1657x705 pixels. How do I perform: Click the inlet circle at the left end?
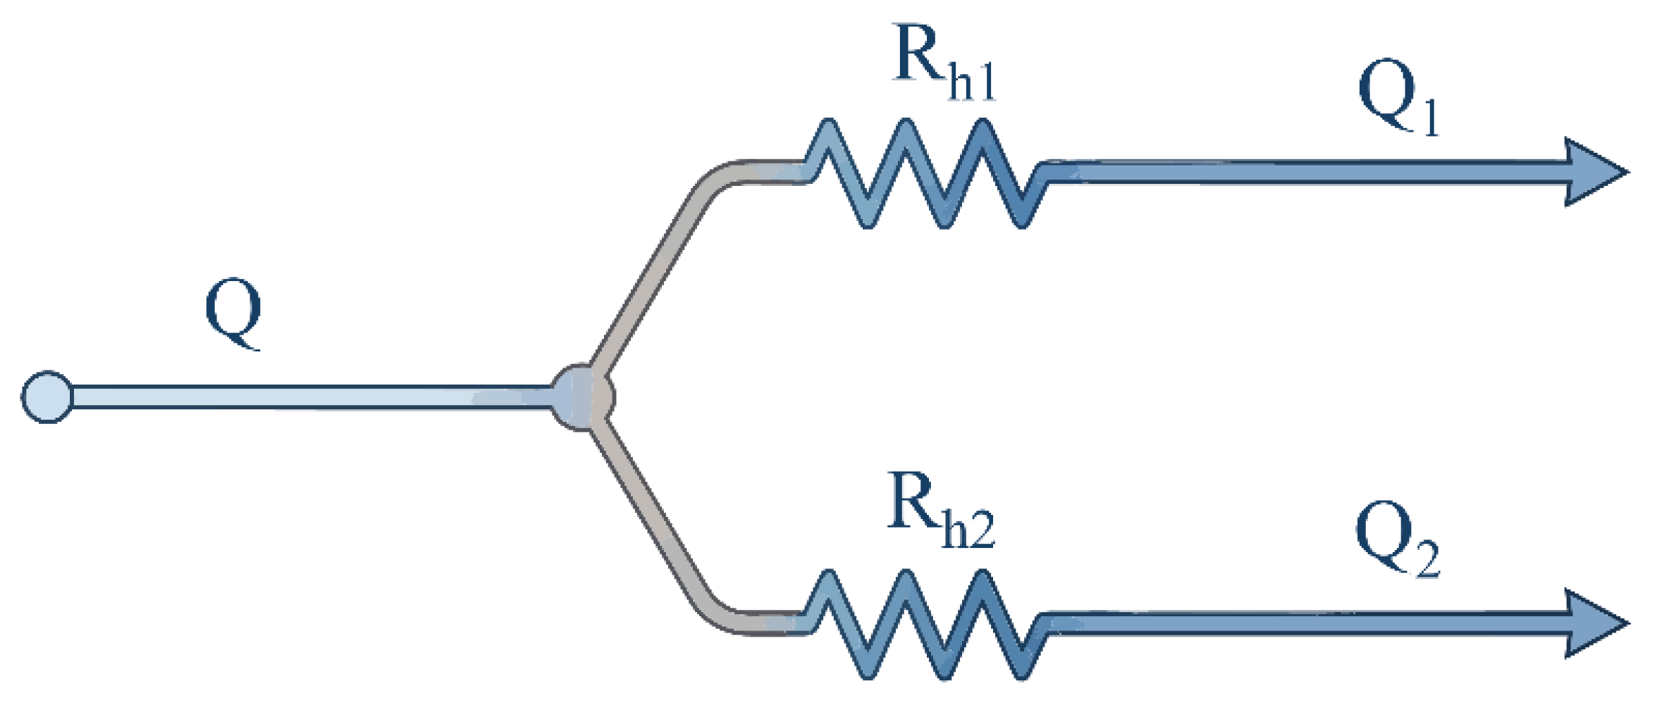click(x=47, y=397)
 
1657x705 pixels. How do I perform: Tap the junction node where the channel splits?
click(x=582, y=397)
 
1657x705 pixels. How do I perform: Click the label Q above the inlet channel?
click(x=233, y=314)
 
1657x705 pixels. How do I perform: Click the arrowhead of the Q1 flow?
click(x=1593, y=173)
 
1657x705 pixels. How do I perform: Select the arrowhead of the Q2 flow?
click(x=1593, y=624)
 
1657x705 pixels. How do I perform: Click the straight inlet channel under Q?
click(x=303, y=397)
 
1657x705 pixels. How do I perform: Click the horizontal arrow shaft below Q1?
click(x=1304, y=173)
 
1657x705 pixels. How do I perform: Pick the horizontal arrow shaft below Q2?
click(x=1304, y=624)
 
